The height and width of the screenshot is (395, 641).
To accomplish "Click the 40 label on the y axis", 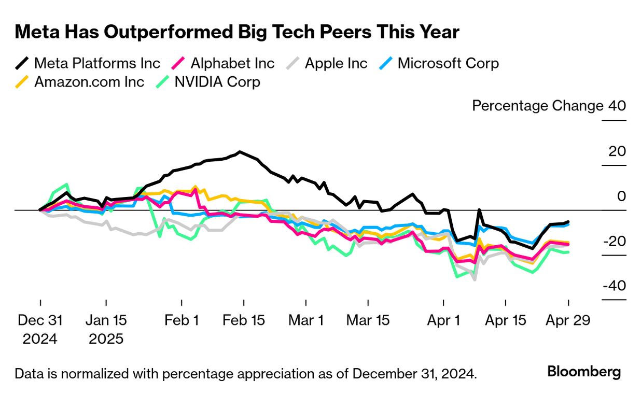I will tap(618, 106).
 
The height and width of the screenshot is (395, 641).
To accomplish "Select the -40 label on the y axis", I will tap(615, 286).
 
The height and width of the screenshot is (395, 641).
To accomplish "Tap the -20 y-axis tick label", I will tap(615, 241).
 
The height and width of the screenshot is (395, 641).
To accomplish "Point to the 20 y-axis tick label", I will tap(618, 151).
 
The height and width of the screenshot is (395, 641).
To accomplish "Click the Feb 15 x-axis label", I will tap(244, 320).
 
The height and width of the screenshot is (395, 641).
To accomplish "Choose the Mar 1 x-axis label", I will tap(306, 320).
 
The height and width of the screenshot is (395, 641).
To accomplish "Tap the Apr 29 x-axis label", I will tap(568, 320).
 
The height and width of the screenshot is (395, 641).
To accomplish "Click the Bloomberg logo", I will tap(584, 372).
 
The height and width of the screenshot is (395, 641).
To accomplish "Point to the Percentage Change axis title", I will tap(538, 106).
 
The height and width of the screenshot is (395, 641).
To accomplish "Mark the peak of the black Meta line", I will tap(239, 152).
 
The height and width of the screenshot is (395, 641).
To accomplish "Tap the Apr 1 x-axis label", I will tap(443, 320).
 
